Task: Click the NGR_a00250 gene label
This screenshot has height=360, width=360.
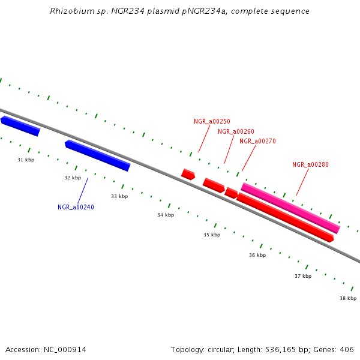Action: click(x=212, y=121)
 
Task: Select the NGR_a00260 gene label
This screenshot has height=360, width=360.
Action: click(x=236, y=131)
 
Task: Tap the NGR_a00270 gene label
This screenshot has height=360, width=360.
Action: click(x=257, y=142)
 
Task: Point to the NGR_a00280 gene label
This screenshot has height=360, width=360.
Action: click(x=310, y=164)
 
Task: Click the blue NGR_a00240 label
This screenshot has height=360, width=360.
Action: click(x=76, y=207)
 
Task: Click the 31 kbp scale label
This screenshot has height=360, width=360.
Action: click(x=26, y=160)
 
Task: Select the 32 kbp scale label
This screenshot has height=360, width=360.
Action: click(x=73, y=178)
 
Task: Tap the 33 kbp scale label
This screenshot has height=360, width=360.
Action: click(x=119, y=196)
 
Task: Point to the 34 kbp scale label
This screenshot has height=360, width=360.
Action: click(x=166, y=215)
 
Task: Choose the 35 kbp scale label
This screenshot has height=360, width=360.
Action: click(x=212, y=235)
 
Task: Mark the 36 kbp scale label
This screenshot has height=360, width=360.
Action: click(x=257, y=255)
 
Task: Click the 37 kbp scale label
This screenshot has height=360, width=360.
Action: click(x=303, y=276)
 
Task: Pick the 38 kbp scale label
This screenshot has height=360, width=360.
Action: click(x=348, y=298)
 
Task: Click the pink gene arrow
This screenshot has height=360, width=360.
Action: click(x=290, y=208)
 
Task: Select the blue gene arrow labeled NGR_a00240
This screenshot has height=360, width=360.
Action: click(x=97, y=155)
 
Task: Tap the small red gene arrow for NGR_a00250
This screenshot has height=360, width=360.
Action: click(x=188, y=174)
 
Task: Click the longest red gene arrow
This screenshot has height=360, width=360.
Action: click(x=285, y=217)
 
